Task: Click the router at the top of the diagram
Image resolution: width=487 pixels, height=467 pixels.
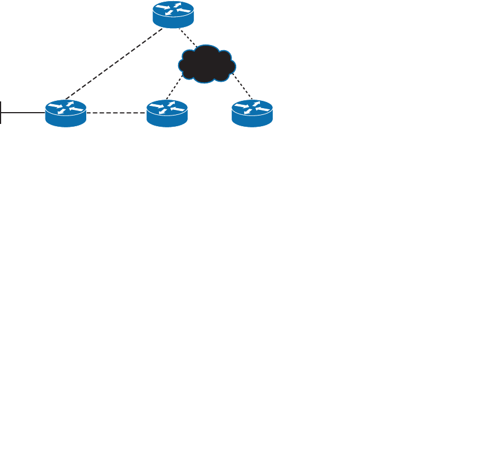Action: point(173,14)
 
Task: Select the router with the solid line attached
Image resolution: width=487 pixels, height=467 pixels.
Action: point(66,113)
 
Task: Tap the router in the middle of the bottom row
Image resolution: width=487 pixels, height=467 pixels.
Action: point(167,112)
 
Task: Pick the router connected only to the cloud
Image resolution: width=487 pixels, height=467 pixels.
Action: point(253,112)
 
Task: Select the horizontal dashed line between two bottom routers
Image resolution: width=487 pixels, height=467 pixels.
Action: point(116,113)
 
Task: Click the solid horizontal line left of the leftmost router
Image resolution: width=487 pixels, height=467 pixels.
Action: point(23,113)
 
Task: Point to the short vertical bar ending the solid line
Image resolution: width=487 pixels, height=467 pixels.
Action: point(1,113)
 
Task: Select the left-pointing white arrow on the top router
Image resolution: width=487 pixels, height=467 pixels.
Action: point(183,11)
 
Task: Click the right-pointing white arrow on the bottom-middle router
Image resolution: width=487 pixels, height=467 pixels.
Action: point(158,105)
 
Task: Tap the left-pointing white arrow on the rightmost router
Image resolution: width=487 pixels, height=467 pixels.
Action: point(263,107)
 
